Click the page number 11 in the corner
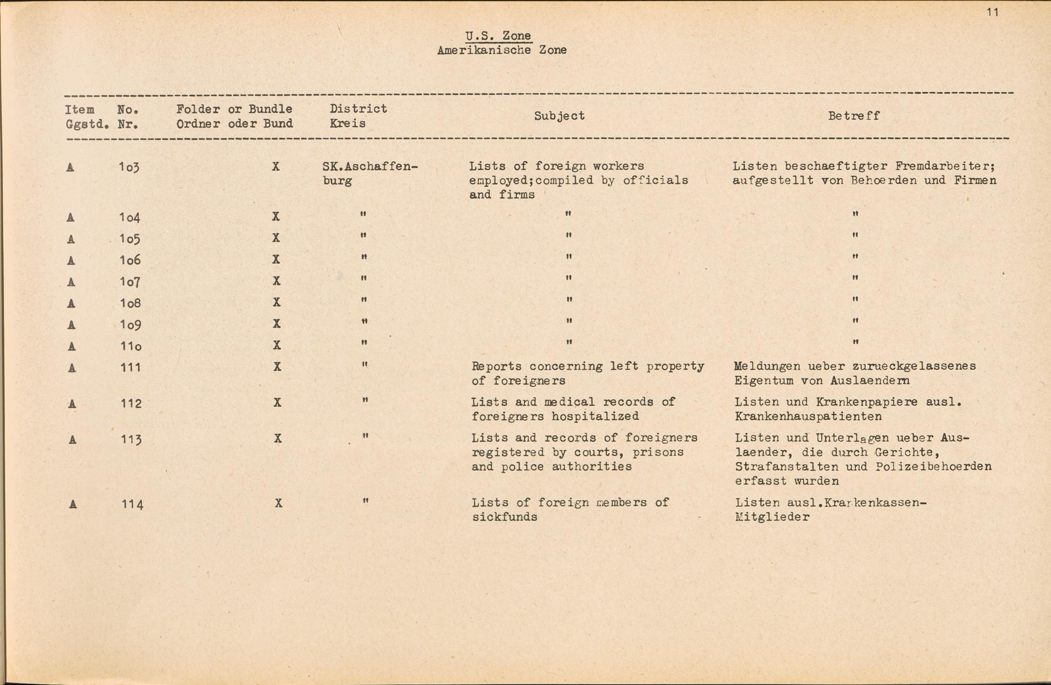(992, 12)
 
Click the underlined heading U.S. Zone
(498, 36)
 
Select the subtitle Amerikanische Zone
(501, 50)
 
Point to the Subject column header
(559, 116)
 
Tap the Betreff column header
(853, 116)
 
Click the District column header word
(358, 109)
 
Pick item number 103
(129, 167)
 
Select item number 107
(129, 282)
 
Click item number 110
(130, 346)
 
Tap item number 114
(132, 504)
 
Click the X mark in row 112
(277, 402)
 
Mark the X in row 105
(276, 238)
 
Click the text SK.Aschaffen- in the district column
(369, 167)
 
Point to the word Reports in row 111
(497, 366)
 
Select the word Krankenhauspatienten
(808, 417)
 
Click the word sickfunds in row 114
(504, 517)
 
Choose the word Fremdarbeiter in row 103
(941, 167)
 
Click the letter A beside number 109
(71, 325)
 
